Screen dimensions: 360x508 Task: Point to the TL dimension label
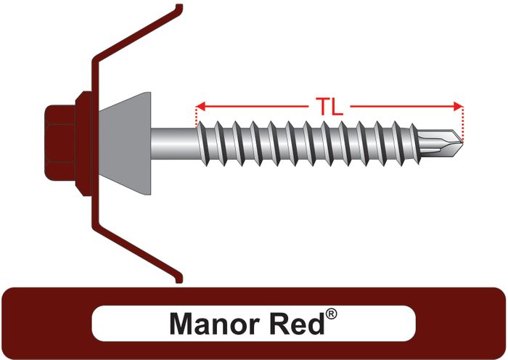330,107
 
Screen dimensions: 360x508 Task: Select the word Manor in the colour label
208,322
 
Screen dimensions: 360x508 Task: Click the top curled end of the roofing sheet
176,9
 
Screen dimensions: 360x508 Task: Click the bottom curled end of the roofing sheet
177,278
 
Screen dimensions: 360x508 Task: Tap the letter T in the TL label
321,107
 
